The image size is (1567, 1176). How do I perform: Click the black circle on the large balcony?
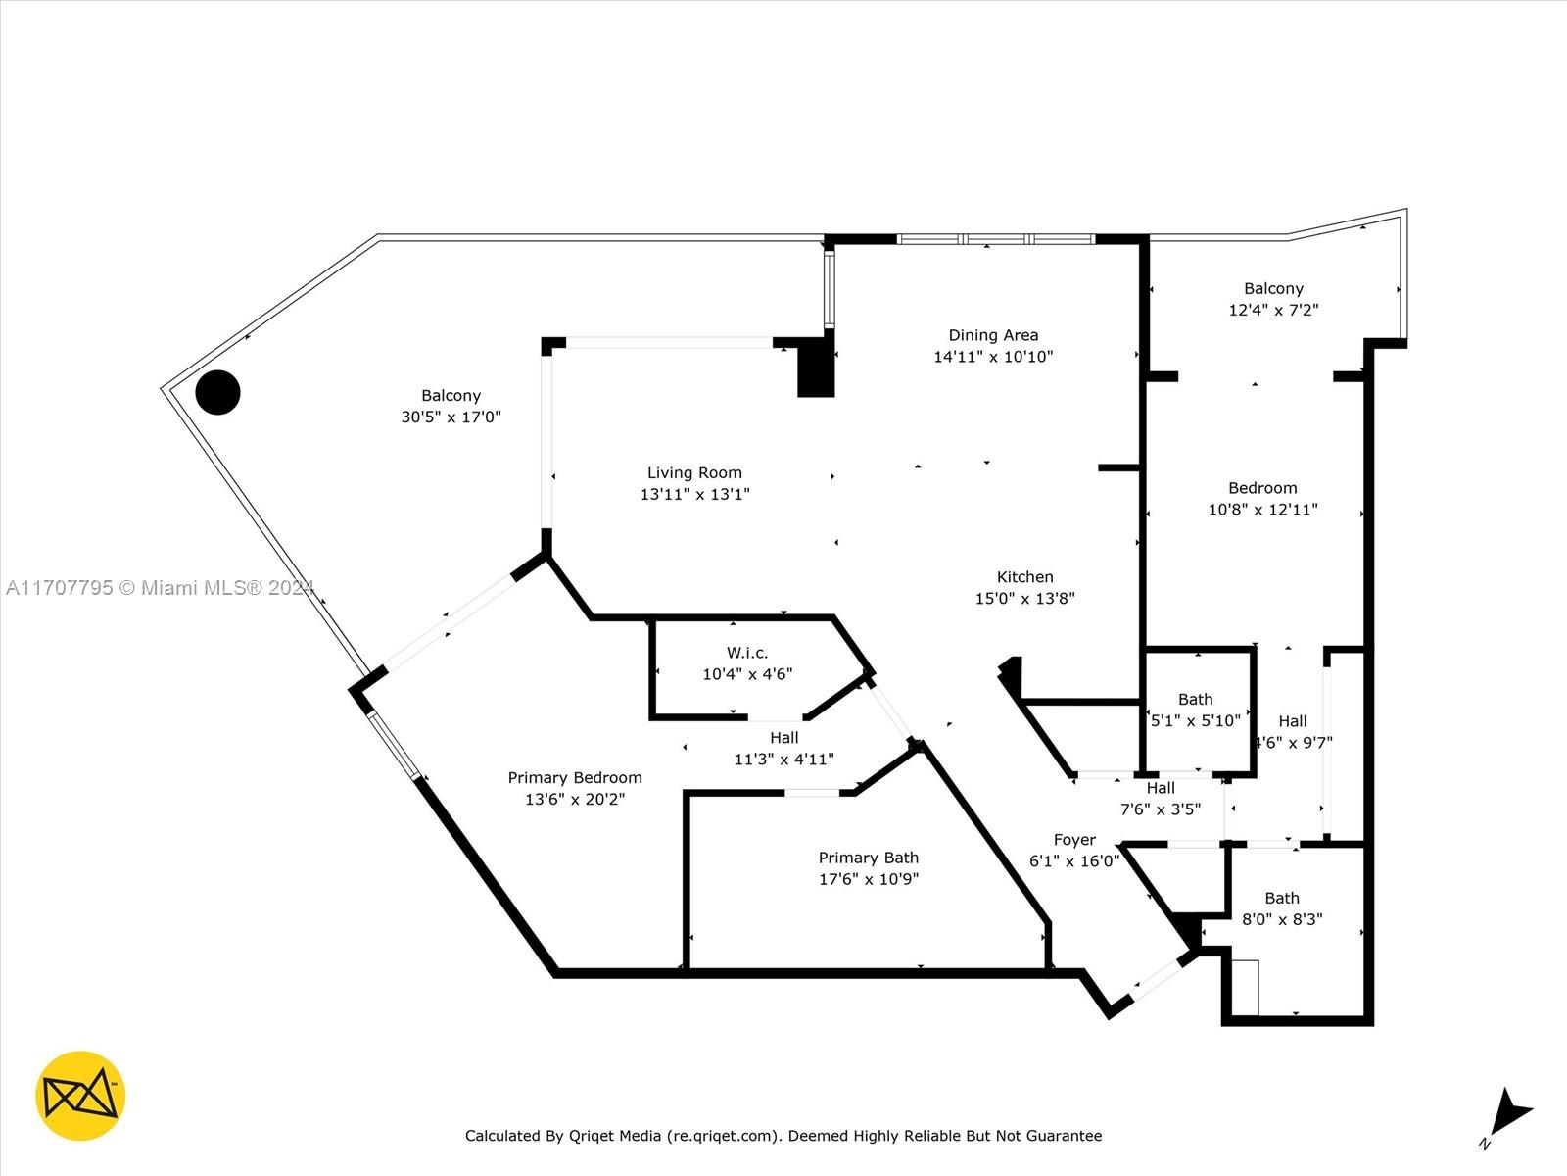point(217,392)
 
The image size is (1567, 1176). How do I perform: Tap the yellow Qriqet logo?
point(80,1096)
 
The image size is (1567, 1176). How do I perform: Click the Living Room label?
point(694,472)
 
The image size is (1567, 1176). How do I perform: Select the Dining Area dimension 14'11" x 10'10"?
point(994,357)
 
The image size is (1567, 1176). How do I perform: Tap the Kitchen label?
point(1025,577)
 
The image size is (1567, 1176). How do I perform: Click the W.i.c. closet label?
point(747,653)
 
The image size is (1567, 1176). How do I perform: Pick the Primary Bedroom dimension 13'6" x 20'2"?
point(576,799)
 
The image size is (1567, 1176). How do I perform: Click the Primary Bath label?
point(869,857)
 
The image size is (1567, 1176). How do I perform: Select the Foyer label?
point(1074,840)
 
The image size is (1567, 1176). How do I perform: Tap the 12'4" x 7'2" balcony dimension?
point(1273,310)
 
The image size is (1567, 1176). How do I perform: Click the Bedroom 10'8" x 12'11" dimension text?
point(1262,510)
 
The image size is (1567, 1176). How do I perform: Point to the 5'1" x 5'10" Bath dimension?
point(1196,721)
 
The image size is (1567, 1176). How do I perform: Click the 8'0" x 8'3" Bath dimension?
point(1282,919)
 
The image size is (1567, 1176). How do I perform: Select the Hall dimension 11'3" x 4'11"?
point(784,759)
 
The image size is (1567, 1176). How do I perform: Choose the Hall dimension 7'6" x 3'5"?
point(1161,809)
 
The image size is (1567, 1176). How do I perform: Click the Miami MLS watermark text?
point(160,588)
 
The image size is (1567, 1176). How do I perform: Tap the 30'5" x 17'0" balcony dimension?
point(451,417)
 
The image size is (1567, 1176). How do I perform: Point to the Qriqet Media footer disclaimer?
point(783,1135)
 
